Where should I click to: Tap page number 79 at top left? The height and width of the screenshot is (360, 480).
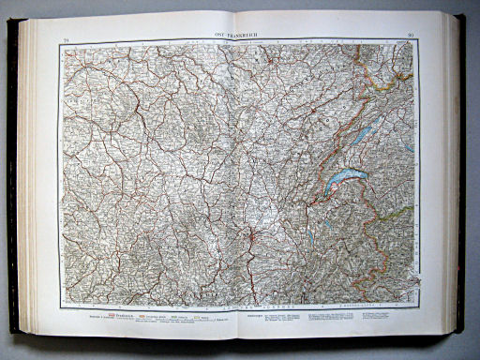(x=67, y=37)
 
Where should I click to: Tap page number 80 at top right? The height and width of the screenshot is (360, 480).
(x=411, y=36)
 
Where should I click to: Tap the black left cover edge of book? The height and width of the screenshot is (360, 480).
(x=12, y=178)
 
